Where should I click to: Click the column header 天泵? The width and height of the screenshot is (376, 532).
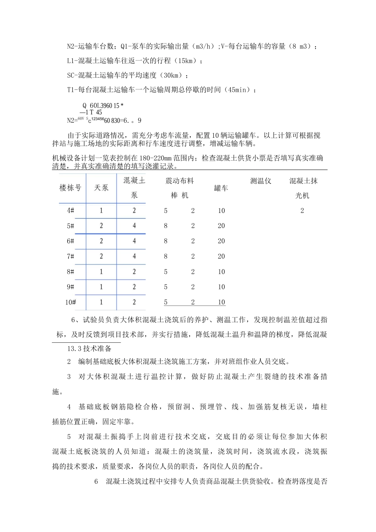coord(101,188)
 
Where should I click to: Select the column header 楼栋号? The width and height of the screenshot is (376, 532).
coord(70,188)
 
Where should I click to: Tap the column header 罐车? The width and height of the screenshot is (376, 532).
coord(221,188)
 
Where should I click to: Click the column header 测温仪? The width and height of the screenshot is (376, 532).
coord(260,181)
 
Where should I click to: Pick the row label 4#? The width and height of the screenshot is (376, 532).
coord(70,211)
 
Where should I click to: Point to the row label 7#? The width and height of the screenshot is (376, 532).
coord(70,256)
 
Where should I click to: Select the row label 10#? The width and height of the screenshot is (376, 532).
coord(70,302)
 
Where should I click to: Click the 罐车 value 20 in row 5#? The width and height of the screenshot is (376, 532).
coord(221,226)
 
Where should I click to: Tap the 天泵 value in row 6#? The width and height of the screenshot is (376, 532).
coord(101,241)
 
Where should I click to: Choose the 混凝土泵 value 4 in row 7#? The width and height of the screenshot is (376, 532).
coord(134,256)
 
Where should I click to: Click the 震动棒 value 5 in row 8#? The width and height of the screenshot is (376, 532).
coord(165,272)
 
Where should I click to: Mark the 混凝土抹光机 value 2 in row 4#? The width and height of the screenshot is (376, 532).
coord(302,211)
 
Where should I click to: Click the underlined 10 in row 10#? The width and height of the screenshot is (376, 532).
coord(221,302)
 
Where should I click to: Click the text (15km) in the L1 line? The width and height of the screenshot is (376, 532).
coord(186,61)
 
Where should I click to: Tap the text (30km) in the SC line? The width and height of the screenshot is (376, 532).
coord(171,76)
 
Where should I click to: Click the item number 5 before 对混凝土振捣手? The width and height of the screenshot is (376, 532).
coord(69,437)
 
